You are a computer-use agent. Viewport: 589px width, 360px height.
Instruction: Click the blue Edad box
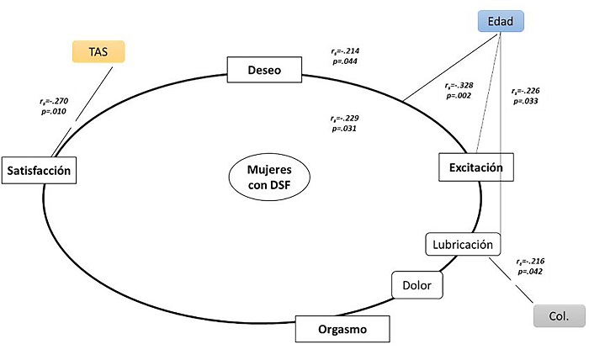coord(501,21)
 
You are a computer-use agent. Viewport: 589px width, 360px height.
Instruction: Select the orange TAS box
coord(98,51)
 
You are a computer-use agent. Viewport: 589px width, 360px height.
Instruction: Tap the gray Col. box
coord(560,315)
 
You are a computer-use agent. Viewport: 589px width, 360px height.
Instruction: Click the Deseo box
coord(264,70)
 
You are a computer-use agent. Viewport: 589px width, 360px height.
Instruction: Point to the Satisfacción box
coord(39,171)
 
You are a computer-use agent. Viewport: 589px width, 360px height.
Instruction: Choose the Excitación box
coord(476,167)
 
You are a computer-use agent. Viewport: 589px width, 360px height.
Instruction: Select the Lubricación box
coord(463,245)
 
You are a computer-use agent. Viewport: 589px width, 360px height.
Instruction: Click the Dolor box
coord(417,285)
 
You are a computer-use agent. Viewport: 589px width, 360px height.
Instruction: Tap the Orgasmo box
coord(342,329)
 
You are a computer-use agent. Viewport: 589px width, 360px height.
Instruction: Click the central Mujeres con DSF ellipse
coord(269,177)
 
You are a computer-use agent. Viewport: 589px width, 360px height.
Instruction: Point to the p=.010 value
coord(54,112)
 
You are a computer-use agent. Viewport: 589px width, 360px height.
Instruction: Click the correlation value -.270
coord(60,101)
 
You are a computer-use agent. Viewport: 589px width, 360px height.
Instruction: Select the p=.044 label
coord(345,61)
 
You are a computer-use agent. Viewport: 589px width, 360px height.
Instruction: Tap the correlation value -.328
coord(464,85)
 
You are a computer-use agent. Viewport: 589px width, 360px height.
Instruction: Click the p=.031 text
coord(344,129)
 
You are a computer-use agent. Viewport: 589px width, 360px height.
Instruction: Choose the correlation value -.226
coord(531,91)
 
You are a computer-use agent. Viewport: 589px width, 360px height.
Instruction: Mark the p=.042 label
coord(530,272)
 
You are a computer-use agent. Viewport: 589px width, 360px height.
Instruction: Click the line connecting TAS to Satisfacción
coord(82,112)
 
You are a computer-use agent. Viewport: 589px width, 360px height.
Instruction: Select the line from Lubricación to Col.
coord(511,280)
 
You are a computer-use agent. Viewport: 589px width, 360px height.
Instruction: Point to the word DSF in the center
coord(280,185)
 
